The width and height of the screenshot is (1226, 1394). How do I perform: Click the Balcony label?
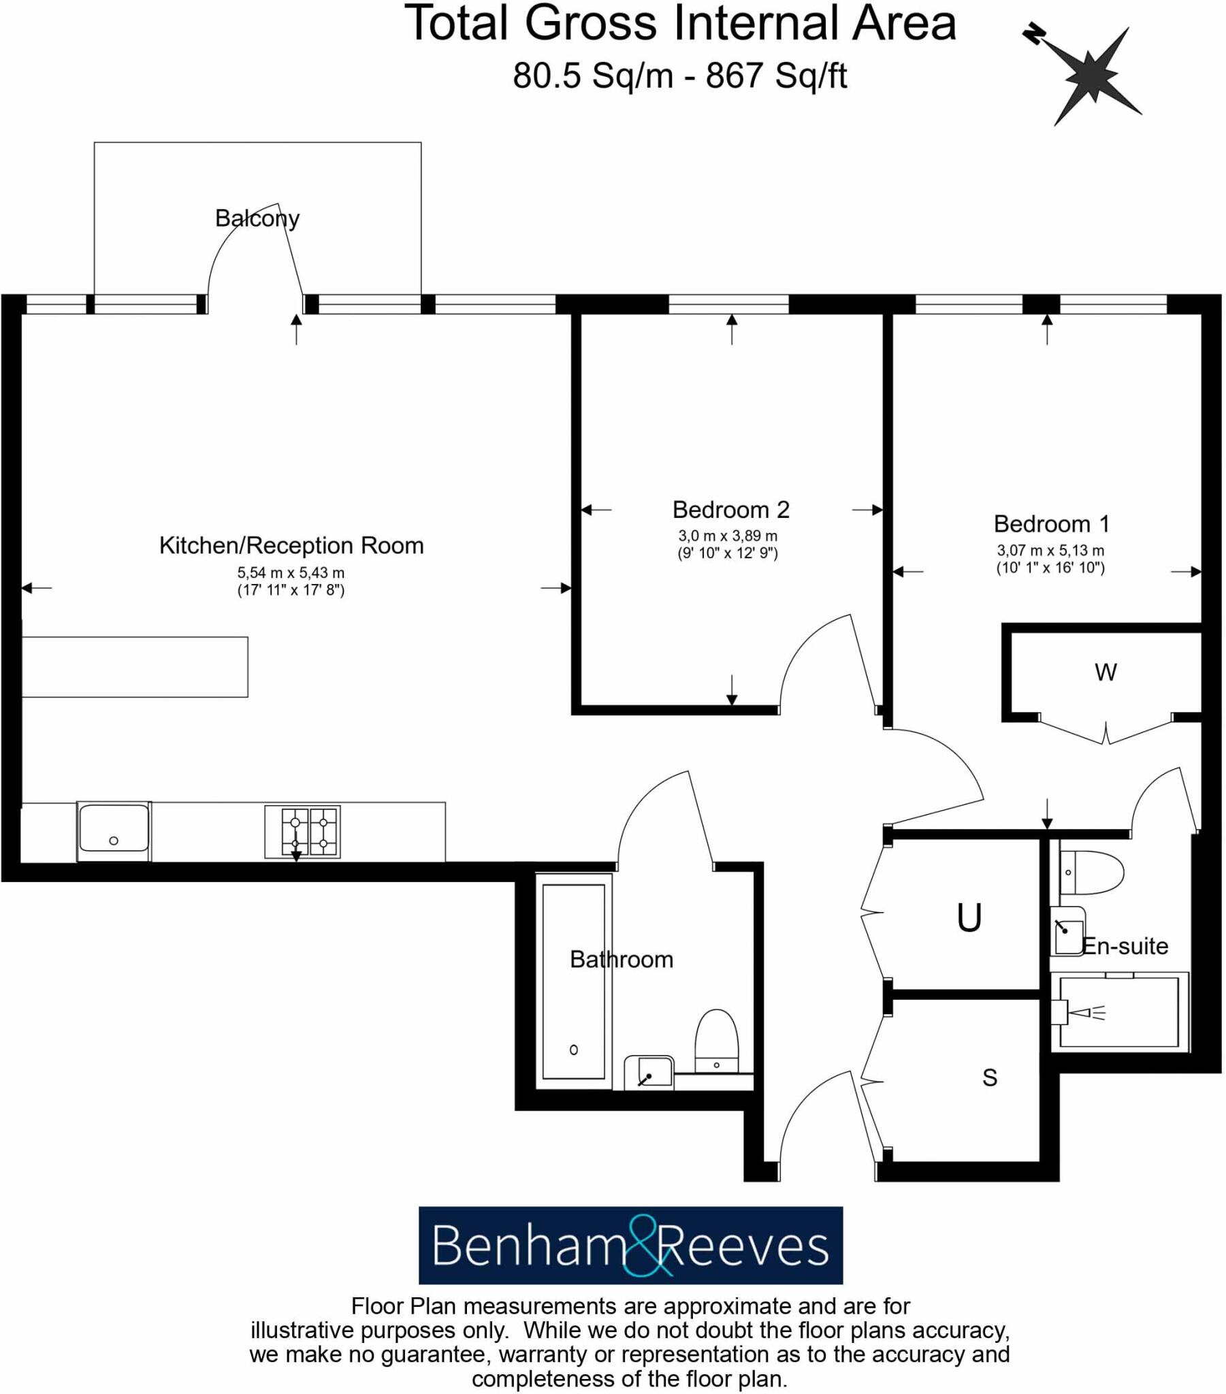[257, 218]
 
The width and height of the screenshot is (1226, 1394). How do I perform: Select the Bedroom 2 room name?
[730, 509]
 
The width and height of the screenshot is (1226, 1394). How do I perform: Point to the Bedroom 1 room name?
[1051, 524]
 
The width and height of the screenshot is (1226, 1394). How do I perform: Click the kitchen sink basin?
[114, 828]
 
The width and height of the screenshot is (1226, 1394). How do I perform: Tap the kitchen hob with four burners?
[302, 831]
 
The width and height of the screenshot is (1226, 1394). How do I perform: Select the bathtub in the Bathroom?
[573, 982]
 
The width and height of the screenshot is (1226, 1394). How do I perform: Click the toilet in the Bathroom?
[716, 1041]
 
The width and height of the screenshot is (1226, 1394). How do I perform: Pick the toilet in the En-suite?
[1091, 873]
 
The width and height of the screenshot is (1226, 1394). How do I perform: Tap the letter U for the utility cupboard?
[969, 918]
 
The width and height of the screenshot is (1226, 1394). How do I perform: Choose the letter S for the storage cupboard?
[989, 1077]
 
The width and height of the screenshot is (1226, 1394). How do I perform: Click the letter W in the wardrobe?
[1106, 672]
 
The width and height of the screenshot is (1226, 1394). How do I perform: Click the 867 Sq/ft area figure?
[777, 76]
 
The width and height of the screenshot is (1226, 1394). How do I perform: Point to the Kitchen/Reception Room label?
[291, 546]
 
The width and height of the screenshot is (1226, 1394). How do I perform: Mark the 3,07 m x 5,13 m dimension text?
[1050, 550]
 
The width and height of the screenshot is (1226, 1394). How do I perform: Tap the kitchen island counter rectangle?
[135, 667]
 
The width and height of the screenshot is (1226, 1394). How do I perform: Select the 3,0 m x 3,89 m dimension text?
[727, 536]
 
